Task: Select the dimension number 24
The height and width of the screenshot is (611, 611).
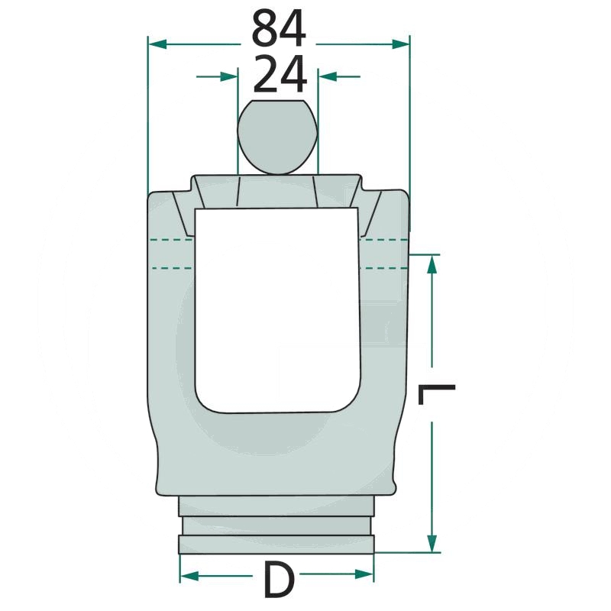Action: click(x=279, y=76)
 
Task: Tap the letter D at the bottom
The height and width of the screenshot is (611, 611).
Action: click(x=279, y=580)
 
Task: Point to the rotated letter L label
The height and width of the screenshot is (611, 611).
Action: click(x=436, y=394)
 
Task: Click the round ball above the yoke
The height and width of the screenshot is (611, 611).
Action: click(x=277, y=137)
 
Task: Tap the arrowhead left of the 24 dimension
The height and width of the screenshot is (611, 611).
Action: click(x=228, y=76)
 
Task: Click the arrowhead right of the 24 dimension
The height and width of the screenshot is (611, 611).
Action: click(x=327, y=76)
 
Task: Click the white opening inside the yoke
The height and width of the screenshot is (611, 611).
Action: click(x=276, y=305)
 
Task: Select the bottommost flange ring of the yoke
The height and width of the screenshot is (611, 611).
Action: click(x=276, y=544)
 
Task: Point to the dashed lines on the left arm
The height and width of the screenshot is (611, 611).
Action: click(x=171, y=254)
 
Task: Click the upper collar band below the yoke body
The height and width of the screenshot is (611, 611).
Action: click(x=276, y=506)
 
